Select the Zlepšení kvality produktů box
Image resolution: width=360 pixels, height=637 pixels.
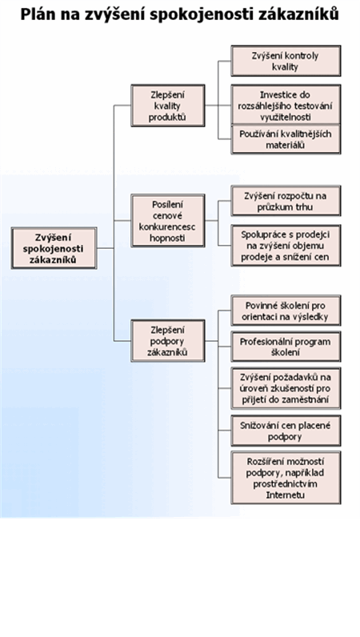168,105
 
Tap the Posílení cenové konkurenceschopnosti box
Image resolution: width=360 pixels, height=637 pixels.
168,221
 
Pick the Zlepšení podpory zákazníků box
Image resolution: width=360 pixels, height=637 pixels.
168,340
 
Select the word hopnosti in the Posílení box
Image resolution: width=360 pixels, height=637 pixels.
168,238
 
